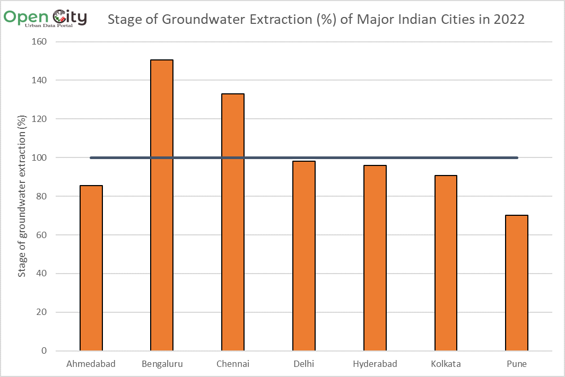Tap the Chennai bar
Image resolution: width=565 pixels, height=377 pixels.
233,222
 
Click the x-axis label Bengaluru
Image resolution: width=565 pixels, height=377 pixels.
162,364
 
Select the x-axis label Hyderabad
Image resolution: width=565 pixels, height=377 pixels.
375,364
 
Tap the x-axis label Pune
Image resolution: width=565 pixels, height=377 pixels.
517,364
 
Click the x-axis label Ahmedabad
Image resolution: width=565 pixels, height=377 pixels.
91,364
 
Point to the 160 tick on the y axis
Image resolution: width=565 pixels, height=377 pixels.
40,42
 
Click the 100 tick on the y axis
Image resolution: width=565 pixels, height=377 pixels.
40,157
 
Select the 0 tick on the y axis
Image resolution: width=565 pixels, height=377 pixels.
44,351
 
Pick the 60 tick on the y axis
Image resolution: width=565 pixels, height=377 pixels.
42,235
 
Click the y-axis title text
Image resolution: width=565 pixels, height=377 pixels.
22,196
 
